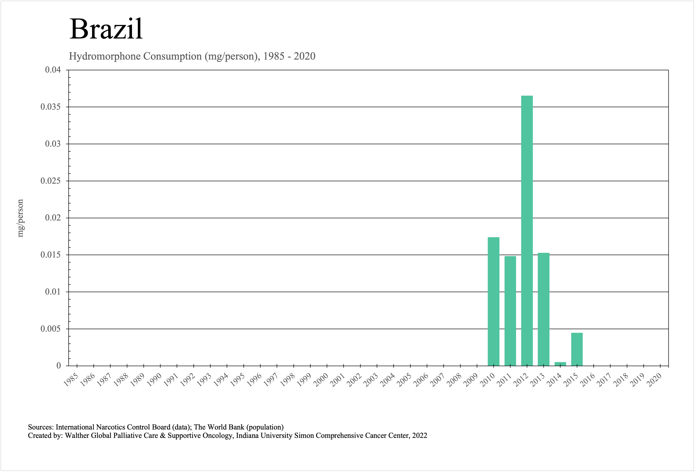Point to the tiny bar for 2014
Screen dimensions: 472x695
point(560,364)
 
